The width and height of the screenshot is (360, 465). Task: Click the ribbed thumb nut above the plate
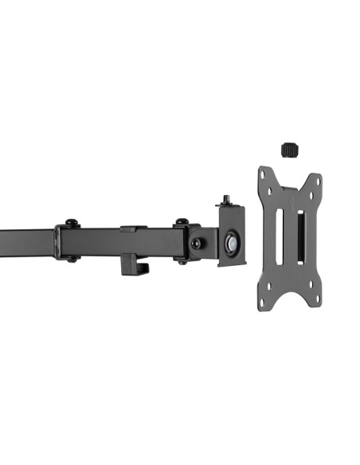(x=289, y=149)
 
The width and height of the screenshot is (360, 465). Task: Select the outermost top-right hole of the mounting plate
(x=318, y=180)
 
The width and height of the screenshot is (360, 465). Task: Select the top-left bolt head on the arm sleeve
(x=71, y=224)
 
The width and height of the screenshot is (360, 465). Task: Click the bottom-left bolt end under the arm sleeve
(x=71, y=258)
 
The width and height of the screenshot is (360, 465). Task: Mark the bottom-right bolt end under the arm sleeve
(x=182, y=259)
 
